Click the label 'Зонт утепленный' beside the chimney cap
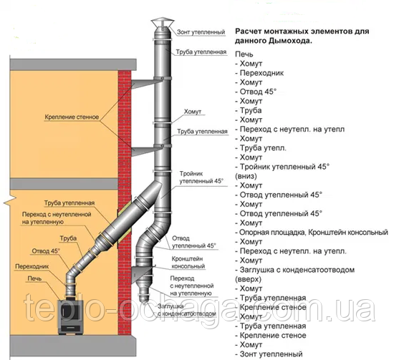coord(201,32)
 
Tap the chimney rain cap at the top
coord(163,23)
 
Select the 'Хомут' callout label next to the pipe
coord(193,112)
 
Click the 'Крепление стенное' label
coord(72,117)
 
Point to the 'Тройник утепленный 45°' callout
coord(201,177)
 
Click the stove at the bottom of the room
coord(71,317)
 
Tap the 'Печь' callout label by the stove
coord(34,278)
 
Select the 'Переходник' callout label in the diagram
coord(32,266)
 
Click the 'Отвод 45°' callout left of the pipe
coord(46,251)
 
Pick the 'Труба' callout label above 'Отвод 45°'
coord(68,238)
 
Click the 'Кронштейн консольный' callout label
coord(188,263)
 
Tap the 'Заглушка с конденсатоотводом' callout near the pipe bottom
coord(187,310)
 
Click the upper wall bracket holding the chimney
coord(147,84)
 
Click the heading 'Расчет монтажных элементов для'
coord(302,31)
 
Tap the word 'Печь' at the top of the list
coord(244,54)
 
